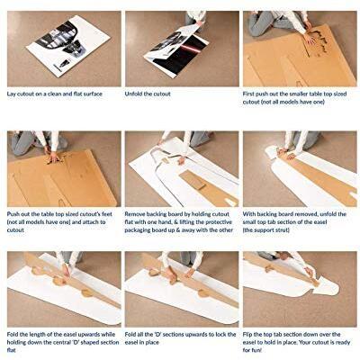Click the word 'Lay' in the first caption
click(x=12, y=93)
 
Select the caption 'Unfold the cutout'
click(x=152, y=93)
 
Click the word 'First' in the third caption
click(x=251, y=93)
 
